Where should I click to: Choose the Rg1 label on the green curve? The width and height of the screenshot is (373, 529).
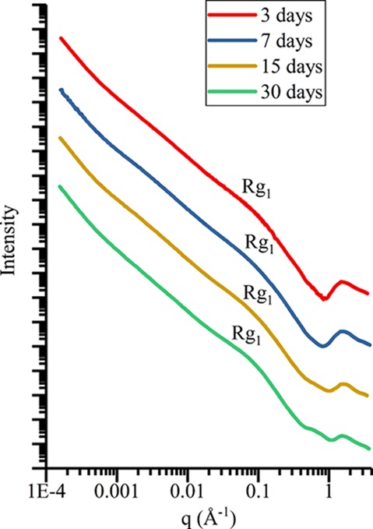247,337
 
